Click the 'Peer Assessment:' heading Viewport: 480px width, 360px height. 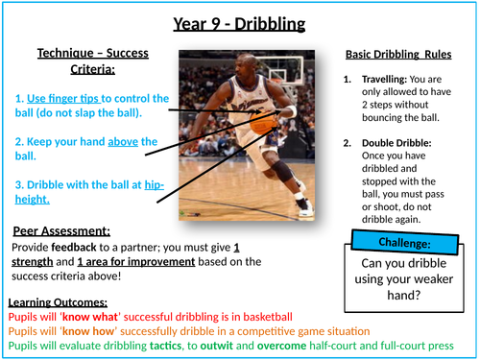tap(61, 230)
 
